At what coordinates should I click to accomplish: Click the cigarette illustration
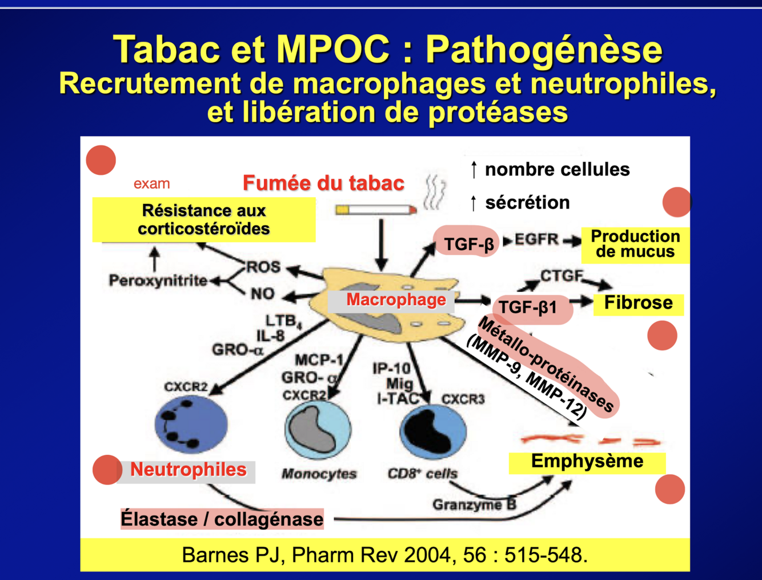point(376,210)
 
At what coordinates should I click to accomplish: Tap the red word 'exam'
point(151,183)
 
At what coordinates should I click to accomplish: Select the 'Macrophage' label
point(395,300)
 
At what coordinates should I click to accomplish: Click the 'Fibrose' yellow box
point(638,303)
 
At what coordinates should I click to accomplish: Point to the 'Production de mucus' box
point(635,244)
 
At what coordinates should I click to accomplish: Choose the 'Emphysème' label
point(587,461)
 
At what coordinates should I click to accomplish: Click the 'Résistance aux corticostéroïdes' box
point(203,220)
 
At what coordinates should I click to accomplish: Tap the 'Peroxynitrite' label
point(158,281)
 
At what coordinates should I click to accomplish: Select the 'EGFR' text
point(536,240)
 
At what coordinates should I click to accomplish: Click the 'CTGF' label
point(562,276)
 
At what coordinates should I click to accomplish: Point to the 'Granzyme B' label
point(474,505)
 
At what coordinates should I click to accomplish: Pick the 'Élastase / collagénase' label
point(222,519)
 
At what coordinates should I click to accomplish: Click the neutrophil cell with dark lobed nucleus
point(191,424)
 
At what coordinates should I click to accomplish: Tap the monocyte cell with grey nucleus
point(318,430)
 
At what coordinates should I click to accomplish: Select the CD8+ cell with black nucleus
point(432,431)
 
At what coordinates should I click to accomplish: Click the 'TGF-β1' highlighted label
point(528,308)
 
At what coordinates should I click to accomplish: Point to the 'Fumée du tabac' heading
point(323,183)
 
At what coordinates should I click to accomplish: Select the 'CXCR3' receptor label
point(463,399)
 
